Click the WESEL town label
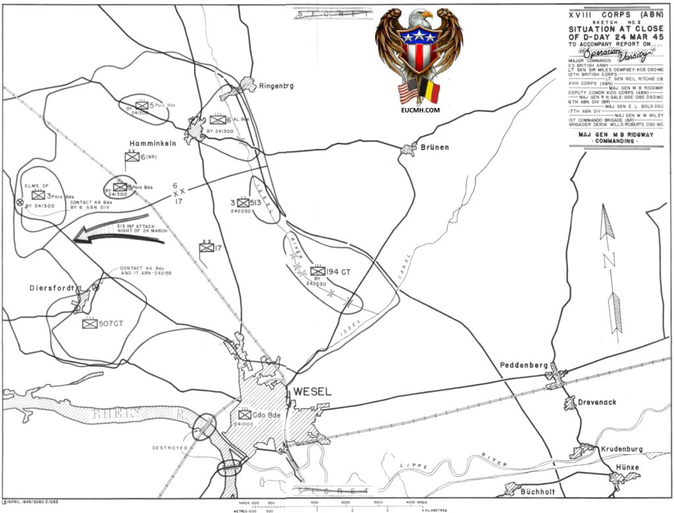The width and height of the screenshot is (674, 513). (x=312, y=391)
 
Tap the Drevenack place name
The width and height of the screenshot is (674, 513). (x=600, y=400)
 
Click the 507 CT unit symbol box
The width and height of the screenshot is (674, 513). (x=90, y=323)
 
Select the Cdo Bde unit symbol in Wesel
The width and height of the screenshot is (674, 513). (x=245, y=416)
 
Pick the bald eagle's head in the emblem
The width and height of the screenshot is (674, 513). (x=419, y=18)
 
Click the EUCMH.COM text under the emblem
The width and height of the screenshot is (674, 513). (x=419, y=111)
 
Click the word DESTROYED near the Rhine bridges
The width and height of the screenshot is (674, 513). (x=170, y=448)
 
